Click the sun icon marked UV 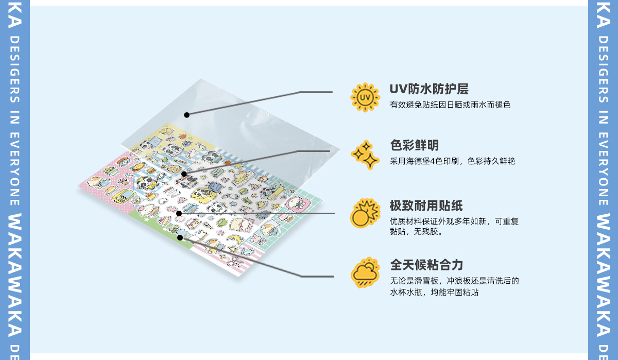(365, 97)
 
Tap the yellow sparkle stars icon (365, 155)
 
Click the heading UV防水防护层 (429, 89)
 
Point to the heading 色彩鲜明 (415, 146)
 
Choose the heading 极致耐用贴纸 (426, 206)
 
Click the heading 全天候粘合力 (426, 265)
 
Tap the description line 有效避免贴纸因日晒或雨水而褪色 (450, 105)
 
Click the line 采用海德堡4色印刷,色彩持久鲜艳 (453, 161)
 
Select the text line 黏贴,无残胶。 (417, 232)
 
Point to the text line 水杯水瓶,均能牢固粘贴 (434, 292)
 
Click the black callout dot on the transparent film (186, 115)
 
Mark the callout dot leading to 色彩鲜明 (184, 174)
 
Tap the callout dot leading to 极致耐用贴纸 (179, 213)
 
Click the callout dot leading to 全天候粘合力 (180, 237)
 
